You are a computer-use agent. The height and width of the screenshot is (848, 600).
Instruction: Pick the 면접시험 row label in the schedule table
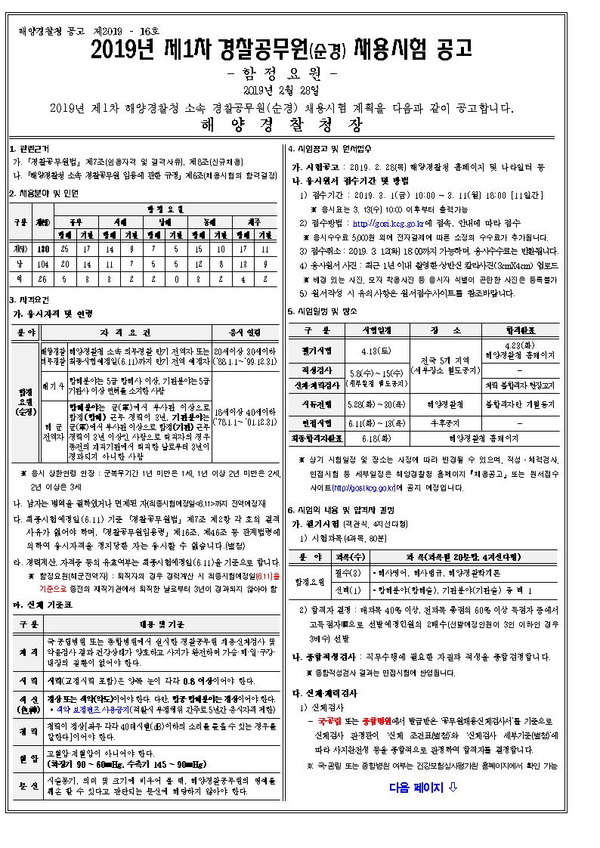pos(317,422)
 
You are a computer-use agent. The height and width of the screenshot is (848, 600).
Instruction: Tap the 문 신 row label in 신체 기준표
pos(24,786)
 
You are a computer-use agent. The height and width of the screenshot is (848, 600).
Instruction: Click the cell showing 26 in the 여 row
pos(42,277)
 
